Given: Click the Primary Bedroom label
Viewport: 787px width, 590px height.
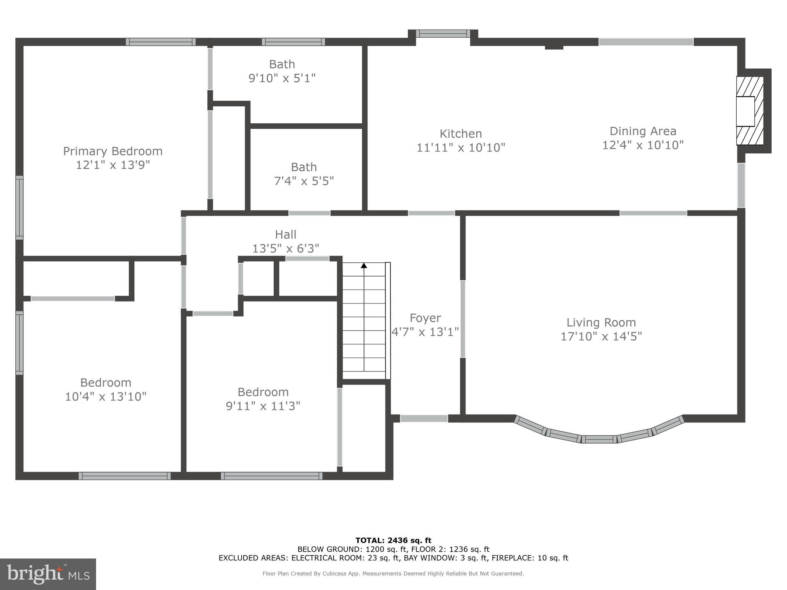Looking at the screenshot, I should [113, 151].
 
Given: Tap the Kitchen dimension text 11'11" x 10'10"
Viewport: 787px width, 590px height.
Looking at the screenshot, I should [461, 147].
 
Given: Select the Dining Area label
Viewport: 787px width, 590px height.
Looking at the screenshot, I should [643, 131].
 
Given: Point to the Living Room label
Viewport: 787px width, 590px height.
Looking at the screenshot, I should [601, 322].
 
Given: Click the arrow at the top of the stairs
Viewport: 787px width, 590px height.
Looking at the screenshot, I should [364, 265].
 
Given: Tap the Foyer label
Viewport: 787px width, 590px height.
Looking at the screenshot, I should [425, 318].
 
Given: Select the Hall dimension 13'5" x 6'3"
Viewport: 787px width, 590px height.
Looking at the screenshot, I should [286, 249].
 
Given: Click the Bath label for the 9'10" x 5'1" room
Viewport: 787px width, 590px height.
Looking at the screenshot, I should [282, 64].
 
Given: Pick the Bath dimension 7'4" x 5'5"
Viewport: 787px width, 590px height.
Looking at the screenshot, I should [304, 181].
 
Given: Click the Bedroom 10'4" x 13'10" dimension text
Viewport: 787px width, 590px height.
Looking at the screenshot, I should [106, 396].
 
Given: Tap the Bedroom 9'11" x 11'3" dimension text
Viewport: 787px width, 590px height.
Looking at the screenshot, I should [263, 406].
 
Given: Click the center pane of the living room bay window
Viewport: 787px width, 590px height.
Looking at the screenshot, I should [599, 439].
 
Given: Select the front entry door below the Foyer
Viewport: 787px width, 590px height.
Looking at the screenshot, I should [424, 419].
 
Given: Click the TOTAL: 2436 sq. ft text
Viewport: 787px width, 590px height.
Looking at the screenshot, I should [393, 540].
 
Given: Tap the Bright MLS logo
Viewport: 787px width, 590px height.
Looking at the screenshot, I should [48, 574].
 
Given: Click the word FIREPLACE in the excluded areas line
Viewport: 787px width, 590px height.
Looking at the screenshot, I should [512, 558].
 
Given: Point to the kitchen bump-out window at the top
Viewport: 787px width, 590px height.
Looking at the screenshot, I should [443, 34].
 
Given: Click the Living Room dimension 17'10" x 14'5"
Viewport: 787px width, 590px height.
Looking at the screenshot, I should [601, 336].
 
